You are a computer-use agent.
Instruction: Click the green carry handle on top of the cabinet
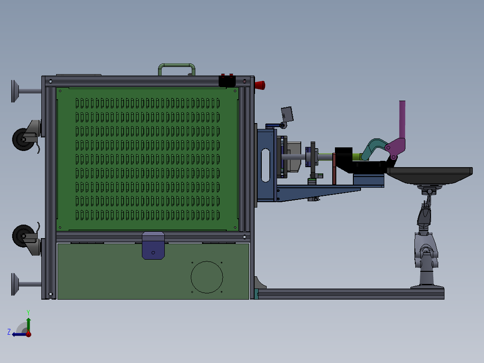point(177,66)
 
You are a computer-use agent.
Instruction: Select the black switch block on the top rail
point(227,81)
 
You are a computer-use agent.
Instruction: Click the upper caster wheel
point(21,139)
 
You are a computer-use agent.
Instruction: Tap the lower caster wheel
point(21,236)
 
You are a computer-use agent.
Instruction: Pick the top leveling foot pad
point(15,91)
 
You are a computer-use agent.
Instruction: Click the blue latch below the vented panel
point(154,245)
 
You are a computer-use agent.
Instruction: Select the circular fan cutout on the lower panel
point(207,277)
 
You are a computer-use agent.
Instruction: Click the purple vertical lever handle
point(402,119)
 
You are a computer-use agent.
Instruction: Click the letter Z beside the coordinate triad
point(9,332)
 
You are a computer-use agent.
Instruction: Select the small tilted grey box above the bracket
point(287,114)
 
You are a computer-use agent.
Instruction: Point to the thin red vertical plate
point(334,169)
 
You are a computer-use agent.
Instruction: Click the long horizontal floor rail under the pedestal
point(350,294)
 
